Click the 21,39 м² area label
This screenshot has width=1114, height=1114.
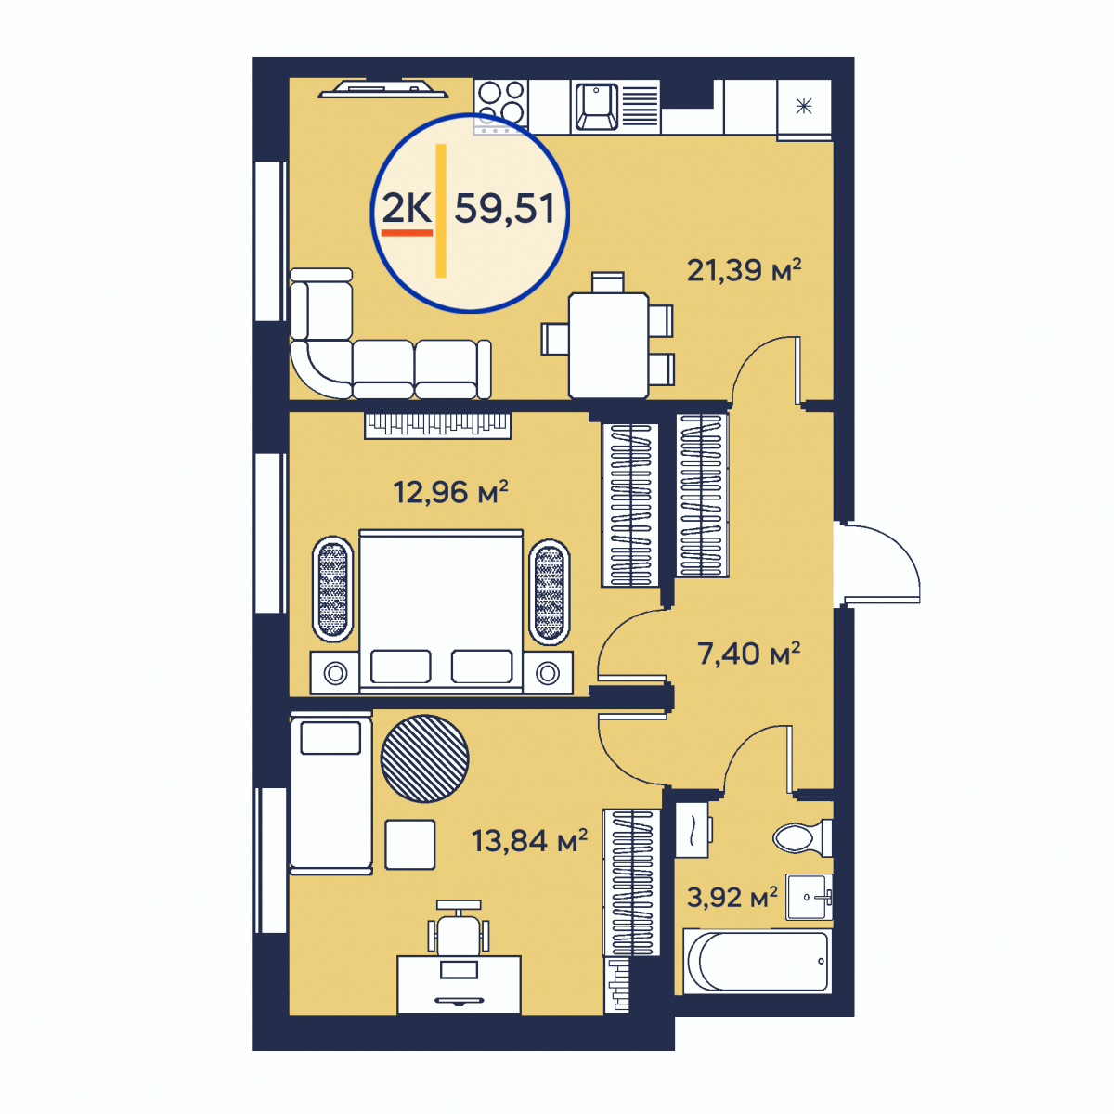coord(744,270)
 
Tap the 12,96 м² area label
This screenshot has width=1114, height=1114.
coord(450,492)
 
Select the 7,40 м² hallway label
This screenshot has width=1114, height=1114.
coord(748,654)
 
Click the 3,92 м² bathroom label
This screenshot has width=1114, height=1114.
coord(732,897)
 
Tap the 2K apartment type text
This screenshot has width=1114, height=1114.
coord(407,208)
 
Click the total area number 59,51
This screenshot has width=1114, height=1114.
coord(504,208)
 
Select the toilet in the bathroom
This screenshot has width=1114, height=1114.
coord(802,837)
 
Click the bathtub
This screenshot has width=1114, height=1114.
coord(758,962)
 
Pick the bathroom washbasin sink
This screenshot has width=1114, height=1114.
coord(809,897)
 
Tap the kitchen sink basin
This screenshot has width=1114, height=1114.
coord(596,107)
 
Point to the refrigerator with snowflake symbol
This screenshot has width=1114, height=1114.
coord(804,108)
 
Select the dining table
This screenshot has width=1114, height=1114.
coord(608,345)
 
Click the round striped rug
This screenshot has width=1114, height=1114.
coord(424,758)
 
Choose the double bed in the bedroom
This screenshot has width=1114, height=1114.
coord(441,611)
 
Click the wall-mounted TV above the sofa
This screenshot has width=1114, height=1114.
coord(382,89)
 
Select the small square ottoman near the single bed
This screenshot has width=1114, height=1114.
coord(410,845)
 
